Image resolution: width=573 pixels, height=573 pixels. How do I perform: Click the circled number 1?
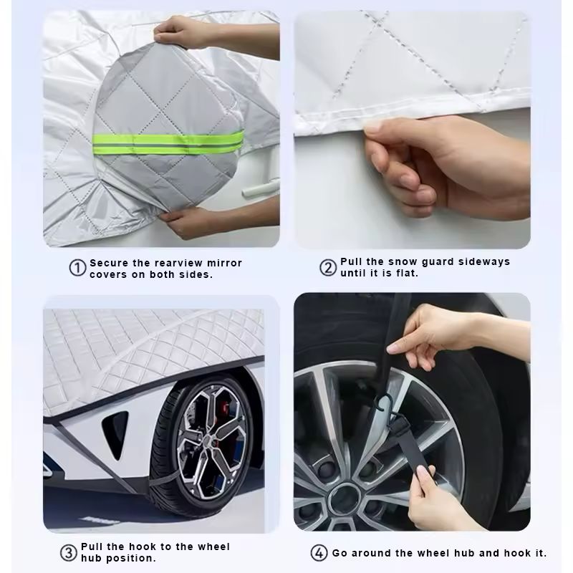pyautogui.click(x=77, y=269)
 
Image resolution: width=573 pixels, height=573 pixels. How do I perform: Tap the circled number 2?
pyautogui.click(x=328, y=268)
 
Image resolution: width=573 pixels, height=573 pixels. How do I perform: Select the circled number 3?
pyautogui.click(x=68, y=552)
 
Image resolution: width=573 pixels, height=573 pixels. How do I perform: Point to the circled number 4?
pyautogui.click(x=319, y=553)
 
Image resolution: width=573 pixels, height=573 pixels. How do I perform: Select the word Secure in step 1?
pyautogui.click(x=109, y=263)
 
